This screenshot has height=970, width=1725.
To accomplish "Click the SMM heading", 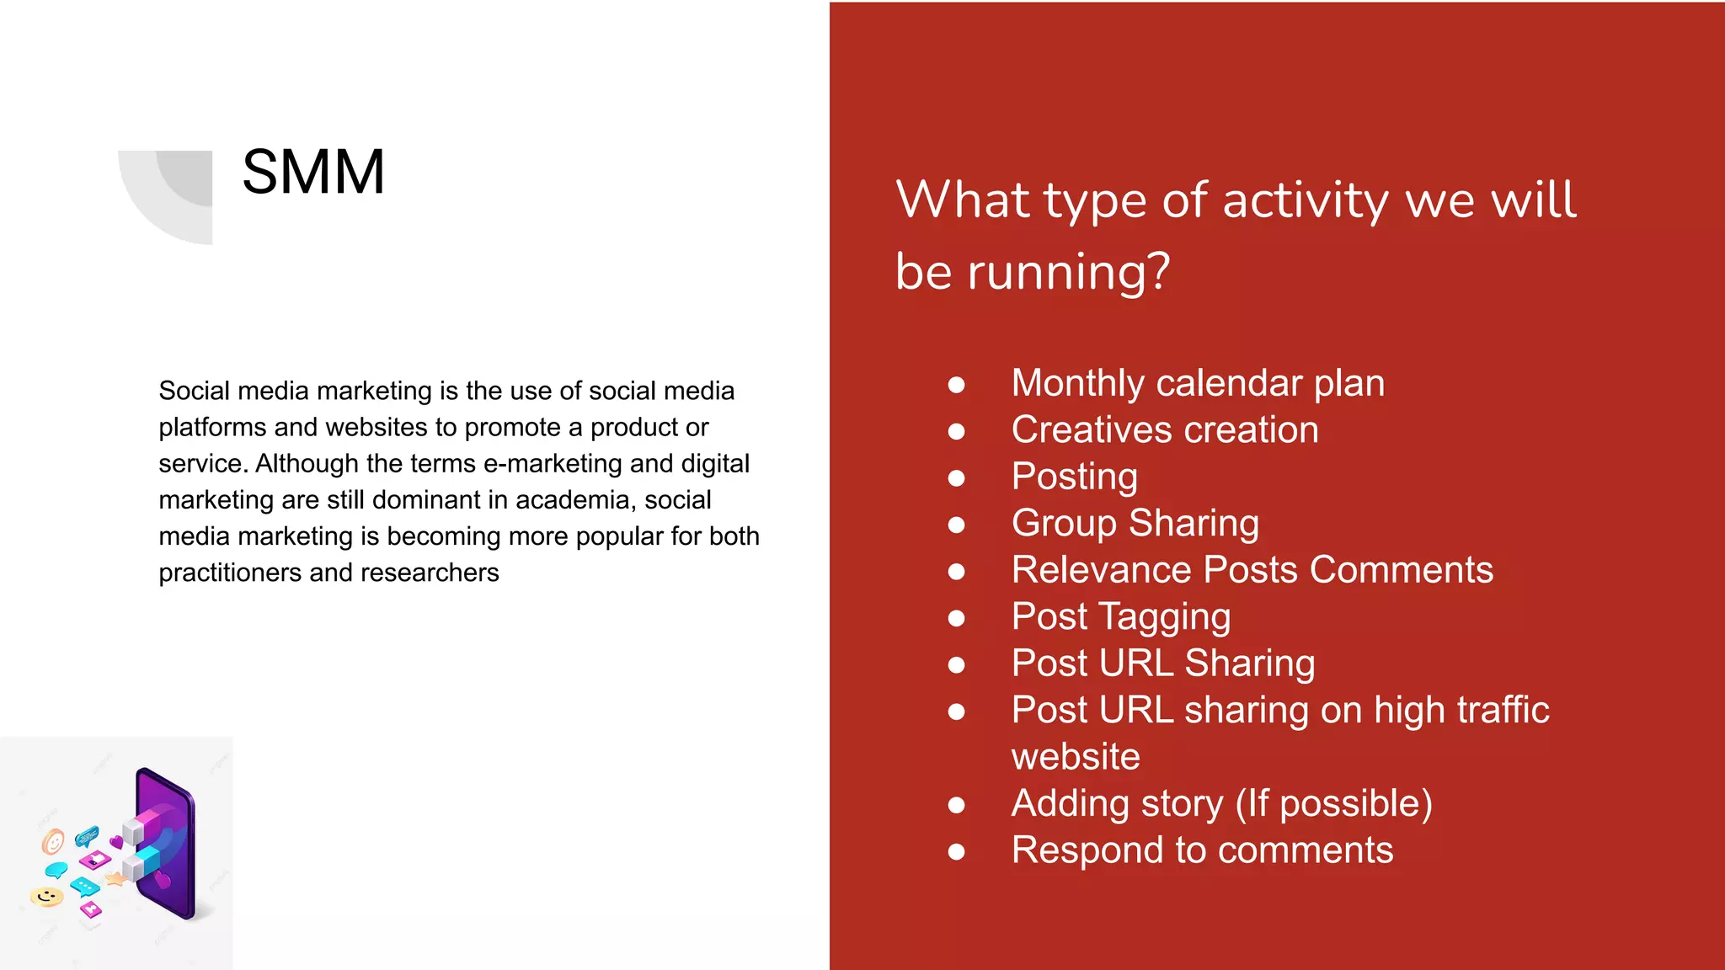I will point(313,173).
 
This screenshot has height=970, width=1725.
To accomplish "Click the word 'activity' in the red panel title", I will point(1305,201).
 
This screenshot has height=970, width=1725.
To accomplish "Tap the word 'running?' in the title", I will point(1069,272).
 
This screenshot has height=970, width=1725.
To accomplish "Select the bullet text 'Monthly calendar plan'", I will point(1197,383).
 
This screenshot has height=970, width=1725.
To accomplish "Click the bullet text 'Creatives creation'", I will point(1164,430).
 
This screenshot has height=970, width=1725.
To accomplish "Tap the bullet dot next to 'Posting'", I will point(956,478).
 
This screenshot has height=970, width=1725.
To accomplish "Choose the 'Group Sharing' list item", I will point(1135,523).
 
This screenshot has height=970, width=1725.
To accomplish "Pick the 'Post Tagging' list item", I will point(1120,616).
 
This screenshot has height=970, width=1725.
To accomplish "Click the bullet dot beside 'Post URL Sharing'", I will point(956,665).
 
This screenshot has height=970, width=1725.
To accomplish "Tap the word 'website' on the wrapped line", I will point(1076,757).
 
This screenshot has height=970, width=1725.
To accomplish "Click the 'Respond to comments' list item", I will point(1202,850).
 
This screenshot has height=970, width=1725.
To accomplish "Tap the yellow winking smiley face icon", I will point(47,896).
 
